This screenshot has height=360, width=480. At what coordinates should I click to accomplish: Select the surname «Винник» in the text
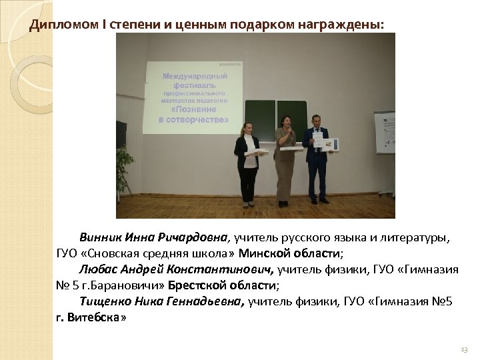pos(99,237)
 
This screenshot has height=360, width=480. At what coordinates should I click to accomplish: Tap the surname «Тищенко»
pos(103,302)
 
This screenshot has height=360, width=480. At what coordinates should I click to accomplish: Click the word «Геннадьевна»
pos(207,302)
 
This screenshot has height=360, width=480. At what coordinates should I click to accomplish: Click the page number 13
pos(464,350)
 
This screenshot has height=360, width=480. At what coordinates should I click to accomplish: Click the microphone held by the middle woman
pos(290,133)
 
